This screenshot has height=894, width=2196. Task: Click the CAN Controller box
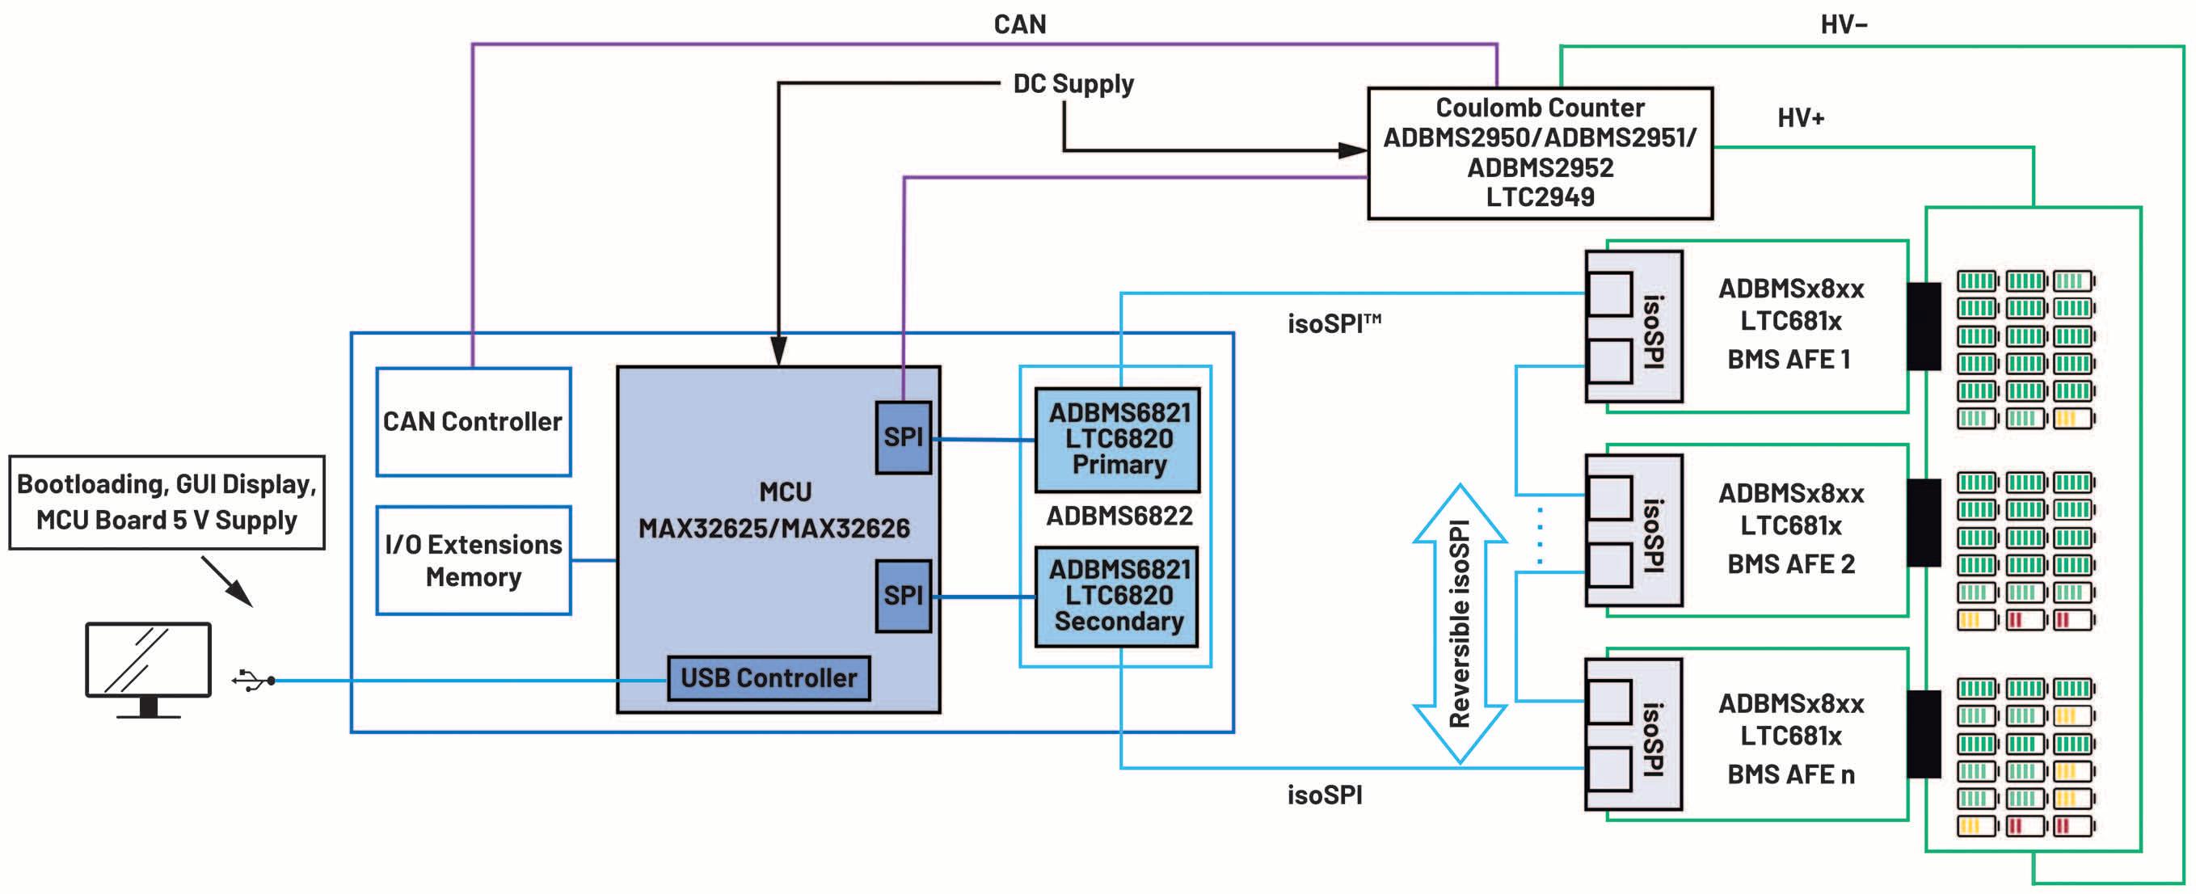(x=473, y=422)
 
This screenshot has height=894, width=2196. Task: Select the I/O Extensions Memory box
(x=473, y=561)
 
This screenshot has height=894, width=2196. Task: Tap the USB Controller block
(x=768, y=678)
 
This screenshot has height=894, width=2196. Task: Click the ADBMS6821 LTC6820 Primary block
(x=1118, y=440)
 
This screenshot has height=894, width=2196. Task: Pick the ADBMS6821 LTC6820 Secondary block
(x=1118, y=597)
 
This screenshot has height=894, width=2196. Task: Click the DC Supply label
(x=1073, y=84)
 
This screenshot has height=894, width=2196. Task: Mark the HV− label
(x=1843, y=24)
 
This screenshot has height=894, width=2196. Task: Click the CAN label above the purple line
(x=1019, y=24)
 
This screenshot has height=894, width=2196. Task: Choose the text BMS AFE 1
(x=1789, y=360)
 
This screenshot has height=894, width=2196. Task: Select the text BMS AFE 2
(x=1790, y=564)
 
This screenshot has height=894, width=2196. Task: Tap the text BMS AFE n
(x=1790, y=774)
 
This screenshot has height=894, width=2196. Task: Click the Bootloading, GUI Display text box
(x=167, y=503)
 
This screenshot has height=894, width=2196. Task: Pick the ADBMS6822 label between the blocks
(x=1119, y=517)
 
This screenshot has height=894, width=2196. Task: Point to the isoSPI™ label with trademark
(x=1334, y=324)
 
